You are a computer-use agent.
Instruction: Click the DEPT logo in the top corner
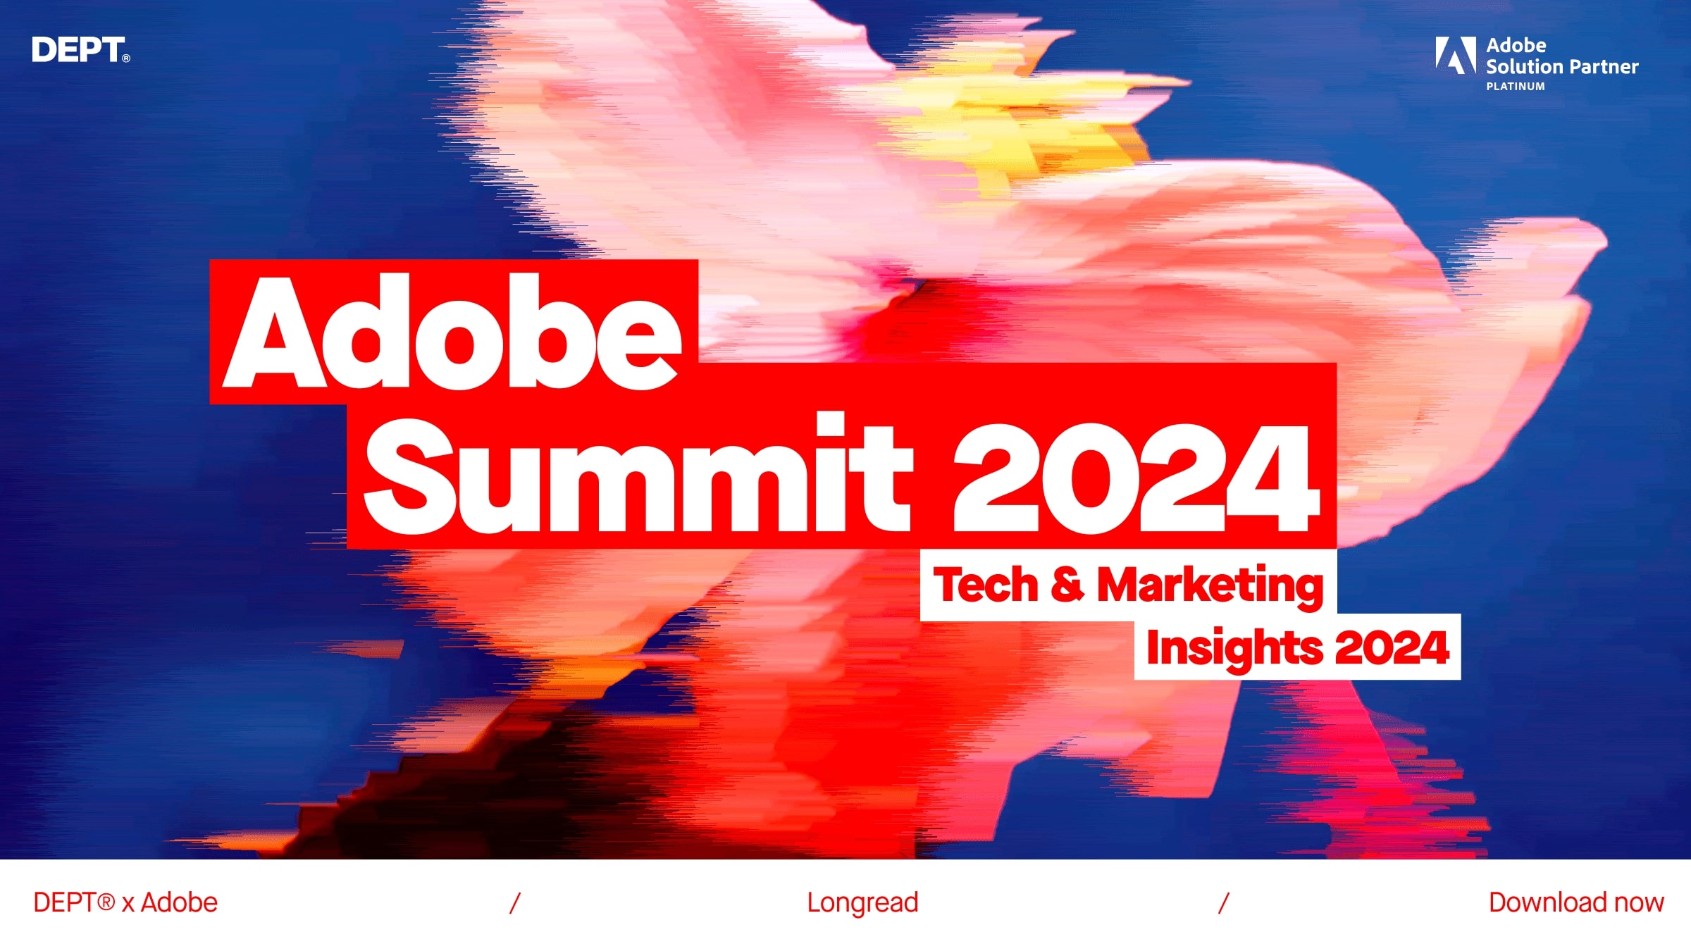78,50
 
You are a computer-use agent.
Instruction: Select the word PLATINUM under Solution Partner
1516,87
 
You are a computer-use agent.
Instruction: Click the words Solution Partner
1562,67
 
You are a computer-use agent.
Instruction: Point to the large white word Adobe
452,333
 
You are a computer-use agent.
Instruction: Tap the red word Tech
985,585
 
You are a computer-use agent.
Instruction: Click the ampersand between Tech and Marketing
1067,585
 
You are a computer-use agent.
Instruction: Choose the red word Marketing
1210,585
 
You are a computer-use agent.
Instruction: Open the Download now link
1576,902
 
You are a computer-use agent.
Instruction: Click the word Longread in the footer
862,902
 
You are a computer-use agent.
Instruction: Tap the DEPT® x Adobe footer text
125,902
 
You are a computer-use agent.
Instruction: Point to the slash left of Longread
515,903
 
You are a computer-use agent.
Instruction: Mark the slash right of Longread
1224,903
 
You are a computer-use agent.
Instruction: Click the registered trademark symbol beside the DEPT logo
126,58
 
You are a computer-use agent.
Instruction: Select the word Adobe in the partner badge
1516,46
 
